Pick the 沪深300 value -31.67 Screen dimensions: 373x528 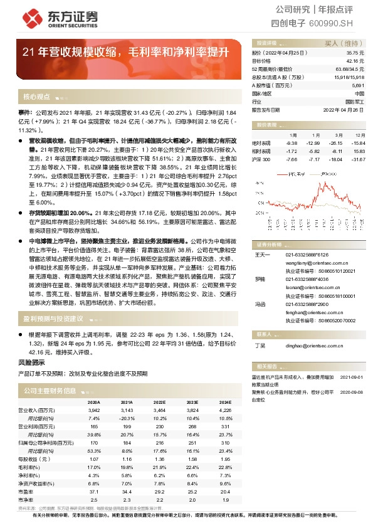[358, 159]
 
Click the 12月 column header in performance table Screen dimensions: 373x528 [359, 135]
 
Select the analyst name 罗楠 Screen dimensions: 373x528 [260, 278]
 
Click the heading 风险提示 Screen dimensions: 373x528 [33, 364]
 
